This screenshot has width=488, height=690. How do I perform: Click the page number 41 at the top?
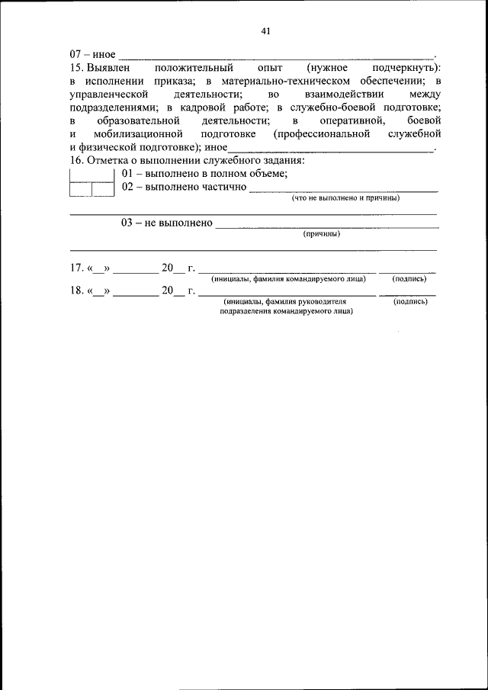[x=266, y=31]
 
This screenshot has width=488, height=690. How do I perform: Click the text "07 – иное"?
[x=92, y=56]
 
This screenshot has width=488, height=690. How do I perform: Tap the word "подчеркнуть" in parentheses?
[x=402, y=69]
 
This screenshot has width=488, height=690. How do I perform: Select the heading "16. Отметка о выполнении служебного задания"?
[x=188, y=160]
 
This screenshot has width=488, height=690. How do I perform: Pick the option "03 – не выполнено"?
[x=166, y=223]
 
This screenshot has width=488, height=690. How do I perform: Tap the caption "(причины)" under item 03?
[x=321, y=234]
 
